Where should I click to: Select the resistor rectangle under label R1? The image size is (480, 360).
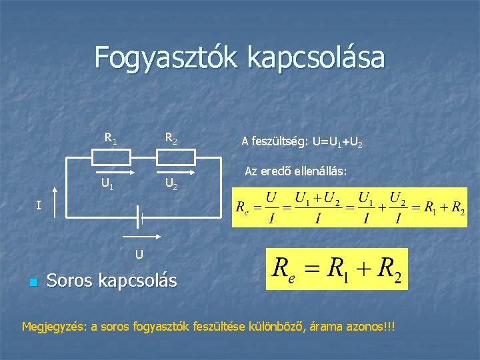coord(111,157)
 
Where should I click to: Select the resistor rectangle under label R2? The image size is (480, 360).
coord(176,157)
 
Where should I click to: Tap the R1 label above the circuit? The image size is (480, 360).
coord(111,139)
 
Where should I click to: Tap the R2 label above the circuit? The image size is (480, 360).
coord(171,139)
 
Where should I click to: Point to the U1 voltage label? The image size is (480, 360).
coord(107,183)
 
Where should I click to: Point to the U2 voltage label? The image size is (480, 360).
coord(171,183)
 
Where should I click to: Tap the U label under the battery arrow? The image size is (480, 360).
coord(139,253)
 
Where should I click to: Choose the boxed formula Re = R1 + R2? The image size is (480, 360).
coord(336,269)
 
